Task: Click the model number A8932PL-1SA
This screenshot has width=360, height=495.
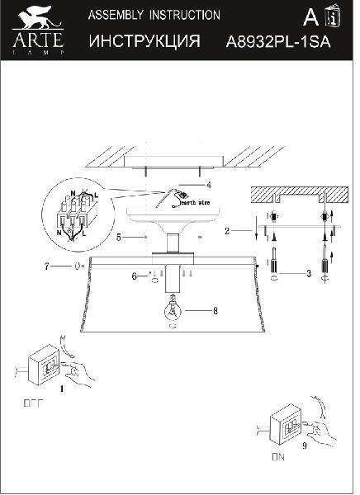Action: [x=277, y=42]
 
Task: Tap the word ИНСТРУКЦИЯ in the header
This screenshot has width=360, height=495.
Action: [x=144, y=41]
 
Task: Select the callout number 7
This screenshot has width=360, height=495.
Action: [x=46, y=266]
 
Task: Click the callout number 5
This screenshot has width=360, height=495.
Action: [x=119, y=238]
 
